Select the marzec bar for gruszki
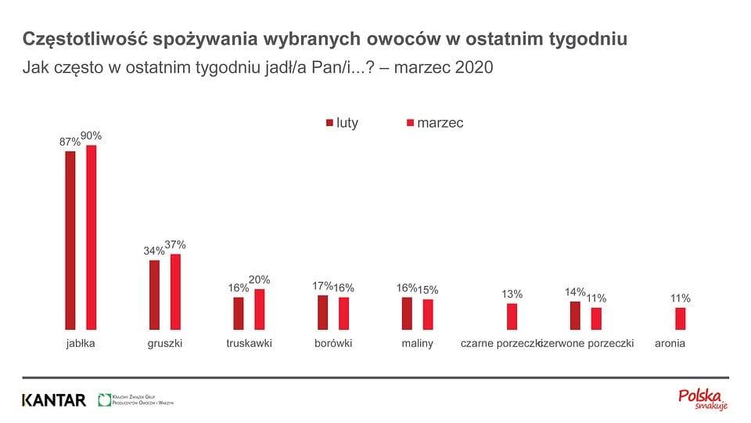click(175, 291)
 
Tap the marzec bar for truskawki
click(260, 309)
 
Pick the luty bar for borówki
click(322, 313)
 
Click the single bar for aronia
click(680, 319)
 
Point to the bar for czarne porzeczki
click(512, 316)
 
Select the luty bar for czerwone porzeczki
click(575, 316)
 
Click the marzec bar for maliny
click(428, 314)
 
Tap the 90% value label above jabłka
click(91, 136)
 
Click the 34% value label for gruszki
click(154, 251)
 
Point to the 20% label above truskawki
click(259, 280)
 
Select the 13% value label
click(512, 295)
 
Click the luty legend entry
click(341, 123)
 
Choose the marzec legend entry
click(434, 123)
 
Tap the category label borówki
click(333, 343)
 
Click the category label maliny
click(417, 343)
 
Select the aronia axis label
click(670, 343)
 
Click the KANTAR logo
click(54, 400)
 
